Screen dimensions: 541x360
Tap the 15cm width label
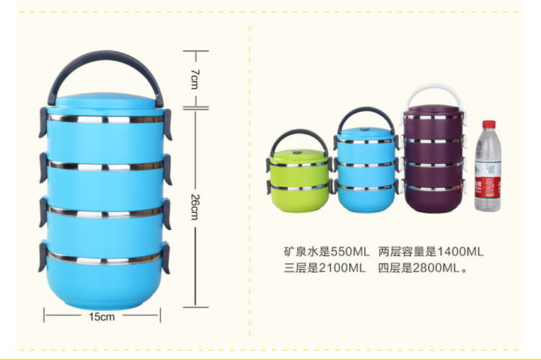point(102,316)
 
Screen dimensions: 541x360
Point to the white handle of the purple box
point(433,91)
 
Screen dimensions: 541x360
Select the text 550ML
point(349,252)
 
